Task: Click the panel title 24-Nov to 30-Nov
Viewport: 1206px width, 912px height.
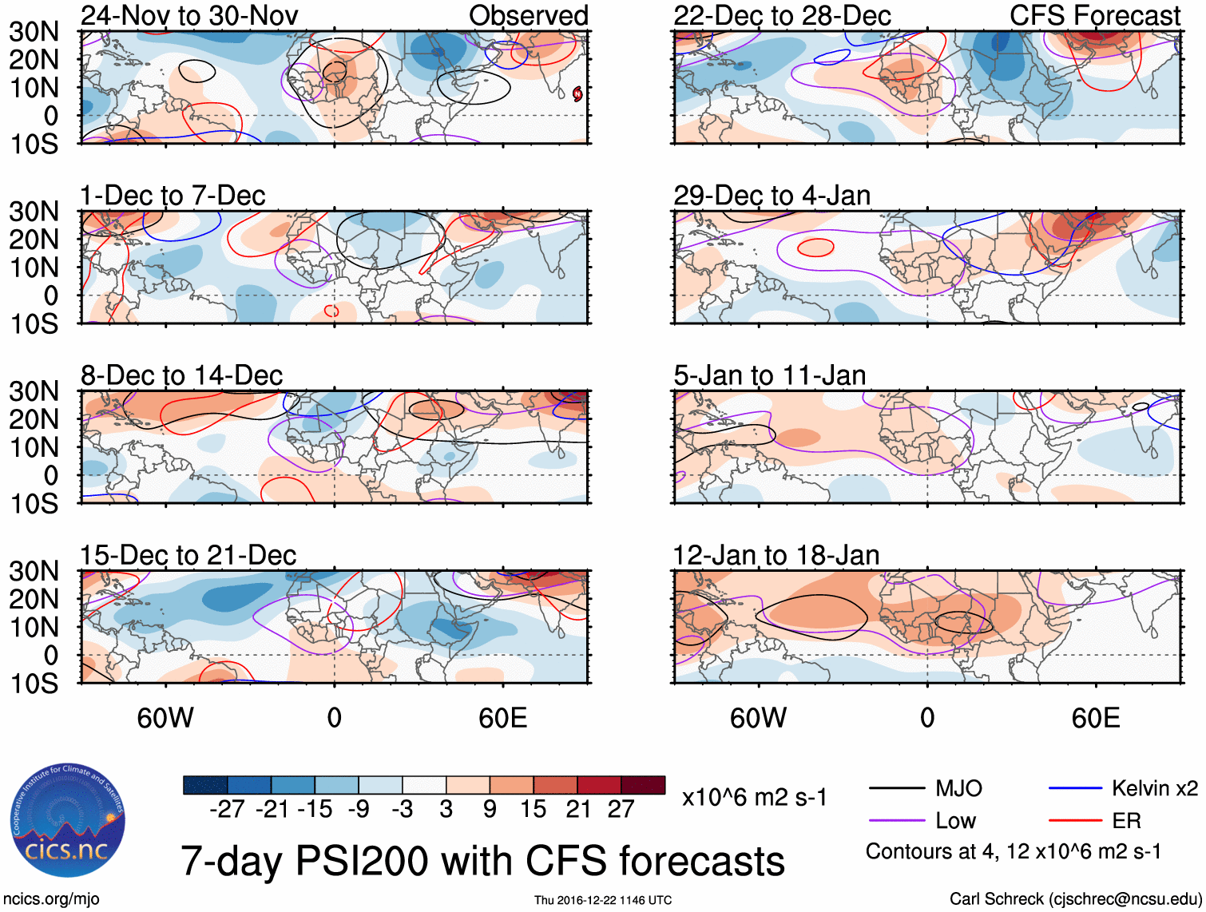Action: (x=189, y=15)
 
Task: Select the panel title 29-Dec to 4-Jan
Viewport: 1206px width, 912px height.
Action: (x=772, y=196)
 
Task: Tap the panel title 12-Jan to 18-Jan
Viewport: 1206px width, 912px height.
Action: (x=776, y=555)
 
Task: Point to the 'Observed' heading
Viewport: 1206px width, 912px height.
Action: (x=528, y=15)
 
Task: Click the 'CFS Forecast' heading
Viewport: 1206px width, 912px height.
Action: (x=1094, y=15)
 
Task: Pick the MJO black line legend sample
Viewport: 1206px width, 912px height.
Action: (x=896, y=789)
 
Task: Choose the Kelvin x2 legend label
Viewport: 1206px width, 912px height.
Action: (x=1154, y=789)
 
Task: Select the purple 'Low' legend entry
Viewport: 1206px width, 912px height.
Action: (x=955, y=821)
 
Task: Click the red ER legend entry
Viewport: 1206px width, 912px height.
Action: (x=1126, y=821)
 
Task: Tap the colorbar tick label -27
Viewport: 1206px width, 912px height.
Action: (x=227, y=809)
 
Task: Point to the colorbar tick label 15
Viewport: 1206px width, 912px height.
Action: (x=533, y=809)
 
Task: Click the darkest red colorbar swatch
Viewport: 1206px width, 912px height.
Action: (x=643, y=785)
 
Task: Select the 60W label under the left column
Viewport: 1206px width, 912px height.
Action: (x=165, y=718)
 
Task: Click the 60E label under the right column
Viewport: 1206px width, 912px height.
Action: (x=1095, y=718)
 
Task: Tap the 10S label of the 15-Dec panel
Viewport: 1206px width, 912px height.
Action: (x=34, y=684)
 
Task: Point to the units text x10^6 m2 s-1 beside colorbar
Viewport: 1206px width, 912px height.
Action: (x=754, y=797)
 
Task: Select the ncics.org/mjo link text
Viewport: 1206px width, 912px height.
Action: (x=50, y=899)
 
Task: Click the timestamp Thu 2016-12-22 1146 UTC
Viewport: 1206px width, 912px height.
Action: (x=603, y=900)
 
